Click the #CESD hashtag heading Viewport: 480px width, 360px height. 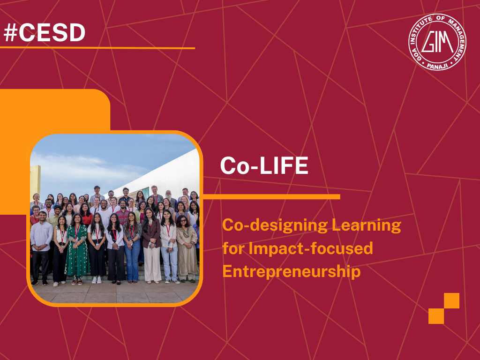click(45, 33)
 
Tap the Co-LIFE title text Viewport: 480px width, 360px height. click(264, 165)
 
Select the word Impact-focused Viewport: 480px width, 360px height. click(310, 248)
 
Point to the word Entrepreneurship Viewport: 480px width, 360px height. click(291, 271)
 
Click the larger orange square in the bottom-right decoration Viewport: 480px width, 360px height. click(451, 300)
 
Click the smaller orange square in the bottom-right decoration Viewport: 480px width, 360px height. click(436, 316)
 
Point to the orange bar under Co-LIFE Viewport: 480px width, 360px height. click(271, 197)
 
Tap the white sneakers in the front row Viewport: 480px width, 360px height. click(97, 280)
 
